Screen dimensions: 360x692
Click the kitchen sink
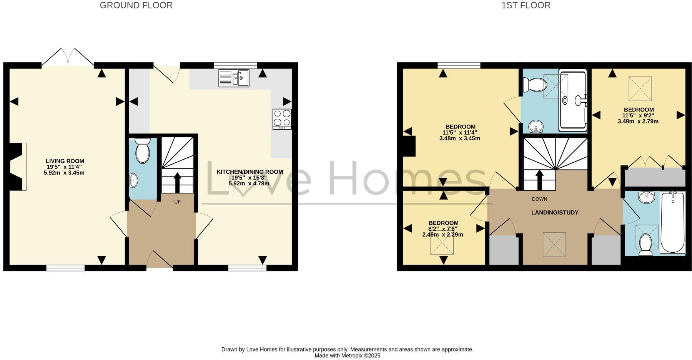pyautogui.click(x=234, y=78)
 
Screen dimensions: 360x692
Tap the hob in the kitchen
pyautogui.click(x=282, y=119)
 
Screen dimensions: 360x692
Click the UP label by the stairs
pyautogui.click(x=177, y=202)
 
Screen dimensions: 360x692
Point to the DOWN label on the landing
pyautogui.click(x=539, y=199)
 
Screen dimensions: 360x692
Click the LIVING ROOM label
pyautogui.click(x=65, y=161)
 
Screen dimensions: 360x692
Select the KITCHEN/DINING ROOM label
pyautogui.click(x=250, y=172)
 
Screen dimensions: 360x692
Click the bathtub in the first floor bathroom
pyautogui.click(x=672, y=222)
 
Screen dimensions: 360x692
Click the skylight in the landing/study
pyautogui.click(x=554, y=244)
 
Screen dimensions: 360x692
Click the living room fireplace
pyautogui.click(x=18, y=166)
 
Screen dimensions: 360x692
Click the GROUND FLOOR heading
pyautogui.click(x=136, y=5)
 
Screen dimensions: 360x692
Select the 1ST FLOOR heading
pyautogui.click(x=526, y=5)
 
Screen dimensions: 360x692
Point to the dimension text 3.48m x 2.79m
pyautogui.click(x=638, y=121)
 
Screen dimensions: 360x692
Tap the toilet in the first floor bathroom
pyautogui.click(x=645, y=245)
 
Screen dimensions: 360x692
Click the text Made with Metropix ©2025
pyautogui.click(x=347, y=355)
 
